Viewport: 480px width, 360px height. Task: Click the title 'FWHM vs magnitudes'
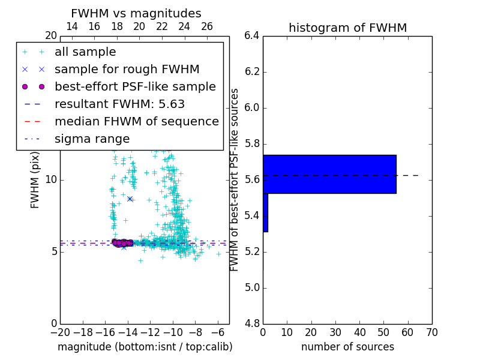[136, 13]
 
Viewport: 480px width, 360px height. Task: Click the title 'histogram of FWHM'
[347, 28]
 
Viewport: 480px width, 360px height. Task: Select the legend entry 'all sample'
[85, 52]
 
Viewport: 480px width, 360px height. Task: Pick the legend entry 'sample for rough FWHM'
[127, 70]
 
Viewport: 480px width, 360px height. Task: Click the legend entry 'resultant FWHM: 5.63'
[119, 104]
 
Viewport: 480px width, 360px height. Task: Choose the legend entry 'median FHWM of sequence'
[136, 122]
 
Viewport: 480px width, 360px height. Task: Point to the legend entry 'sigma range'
[92, 139]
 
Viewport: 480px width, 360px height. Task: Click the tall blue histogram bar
[329, 174]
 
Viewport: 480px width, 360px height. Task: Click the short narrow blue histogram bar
[265, 212]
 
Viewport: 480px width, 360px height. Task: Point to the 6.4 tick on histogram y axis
[252, 36]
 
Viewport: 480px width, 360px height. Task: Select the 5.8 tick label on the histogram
[252, 144]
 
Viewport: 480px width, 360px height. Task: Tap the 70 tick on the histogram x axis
[431, 332]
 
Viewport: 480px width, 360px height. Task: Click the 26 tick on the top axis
[207, 26]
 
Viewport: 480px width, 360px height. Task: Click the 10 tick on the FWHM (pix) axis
[52, 179]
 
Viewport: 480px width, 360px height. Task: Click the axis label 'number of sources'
[347, 347]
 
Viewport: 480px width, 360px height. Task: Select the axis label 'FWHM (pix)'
[35, 179]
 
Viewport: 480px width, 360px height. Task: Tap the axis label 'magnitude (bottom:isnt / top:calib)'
[145, 347]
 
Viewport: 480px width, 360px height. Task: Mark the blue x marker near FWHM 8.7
[130, 199]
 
